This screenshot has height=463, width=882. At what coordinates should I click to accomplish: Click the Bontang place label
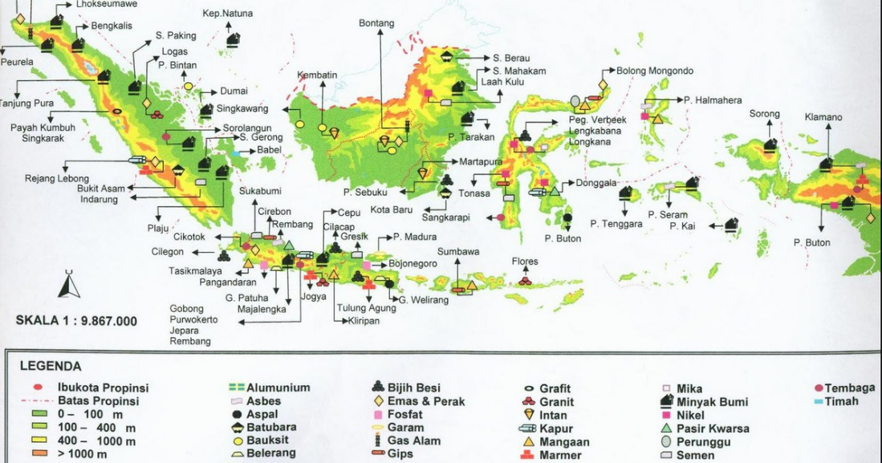pyautogui.click(x=376, y=23)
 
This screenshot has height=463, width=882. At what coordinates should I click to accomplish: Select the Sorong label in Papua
pyautogui.click(x=764, y=114)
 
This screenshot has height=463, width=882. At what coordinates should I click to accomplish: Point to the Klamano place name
pyautogui.click(x=823, y=117)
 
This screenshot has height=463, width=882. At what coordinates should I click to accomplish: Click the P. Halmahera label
pyautogui.click(x=713, y=100)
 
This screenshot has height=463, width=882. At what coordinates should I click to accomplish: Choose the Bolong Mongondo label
pyautogui.click(x=654, y=71)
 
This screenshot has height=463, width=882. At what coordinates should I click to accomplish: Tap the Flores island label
pyautogui.click(x=525, y=262)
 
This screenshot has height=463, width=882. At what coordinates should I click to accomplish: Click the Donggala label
pyautogui.click(x=595, y=183)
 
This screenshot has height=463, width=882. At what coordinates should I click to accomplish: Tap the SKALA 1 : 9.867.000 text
pyautogui.click(x=76, y=321)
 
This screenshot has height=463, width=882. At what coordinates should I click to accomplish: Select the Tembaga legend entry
pyautogui.click(x=849, y=388)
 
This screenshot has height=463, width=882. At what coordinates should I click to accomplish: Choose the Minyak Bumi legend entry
pyautogui.click(x=712, y=402)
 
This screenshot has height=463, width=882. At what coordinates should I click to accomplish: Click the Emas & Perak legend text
pyautogui.click(x=425, y=401)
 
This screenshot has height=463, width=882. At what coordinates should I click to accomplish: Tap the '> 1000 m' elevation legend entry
pyautogui.click(x=90, y=455)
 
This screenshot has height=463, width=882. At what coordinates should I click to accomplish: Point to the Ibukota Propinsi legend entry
pyautogui.click(x=103, y=388)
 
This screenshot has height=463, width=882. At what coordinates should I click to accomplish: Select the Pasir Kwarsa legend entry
pyautogui.click(x=713, y=428)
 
